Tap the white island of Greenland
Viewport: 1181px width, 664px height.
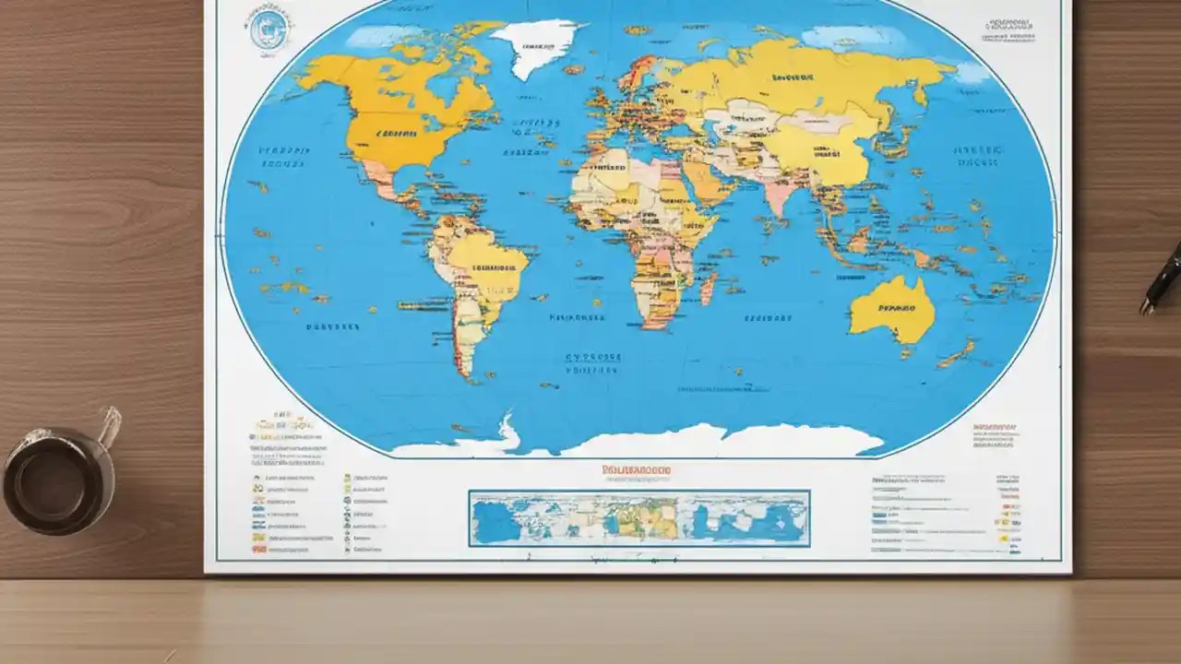536,46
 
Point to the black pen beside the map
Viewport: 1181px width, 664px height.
1162,279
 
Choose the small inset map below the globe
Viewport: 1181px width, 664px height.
638,517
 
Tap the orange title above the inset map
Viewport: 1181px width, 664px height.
636,469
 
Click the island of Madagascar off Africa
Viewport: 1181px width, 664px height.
709,289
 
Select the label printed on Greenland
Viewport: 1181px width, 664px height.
537,44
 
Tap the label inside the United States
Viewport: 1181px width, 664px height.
395,132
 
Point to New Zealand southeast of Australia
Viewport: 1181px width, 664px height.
960,351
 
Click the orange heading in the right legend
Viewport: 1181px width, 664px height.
995,428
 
